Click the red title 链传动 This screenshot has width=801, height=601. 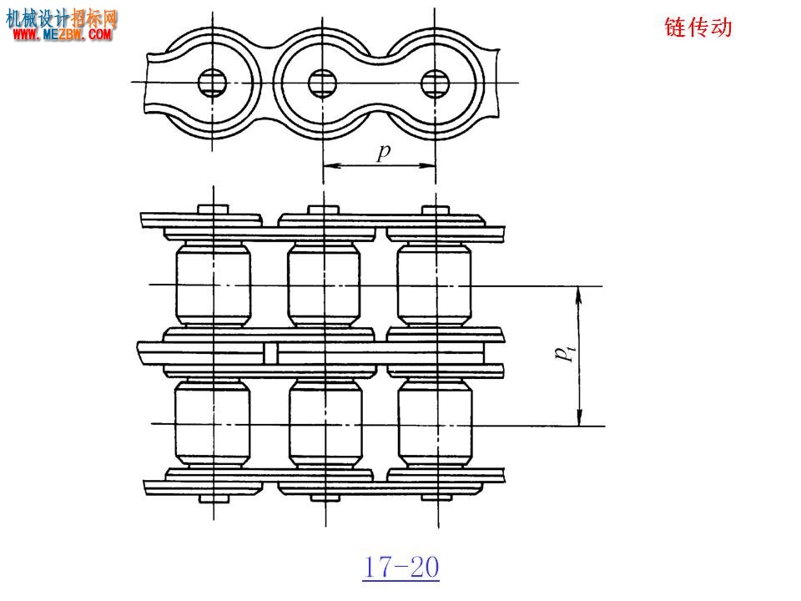pos(698,27)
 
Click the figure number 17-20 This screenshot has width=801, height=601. pos(401,568)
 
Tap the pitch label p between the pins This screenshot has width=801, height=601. pos(383,152)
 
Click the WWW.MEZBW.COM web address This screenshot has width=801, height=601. pos(62,34)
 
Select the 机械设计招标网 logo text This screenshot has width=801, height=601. pos(61,18)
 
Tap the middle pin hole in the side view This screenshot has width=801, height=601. pos(323,83)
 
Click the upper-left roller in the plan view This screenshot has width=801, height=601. pos(213,284)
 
